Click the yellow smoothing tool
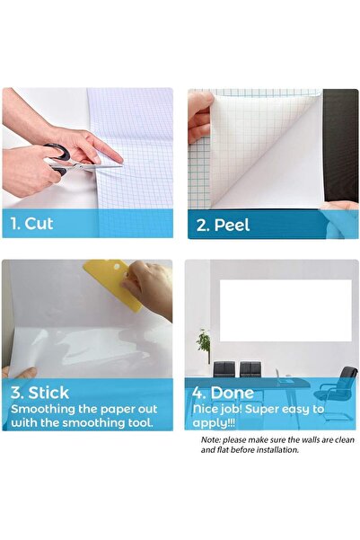[x=112, y=284]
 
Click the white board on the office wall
[x=285, y=310]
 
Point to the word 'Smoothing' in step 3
[x=40, y=408]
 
